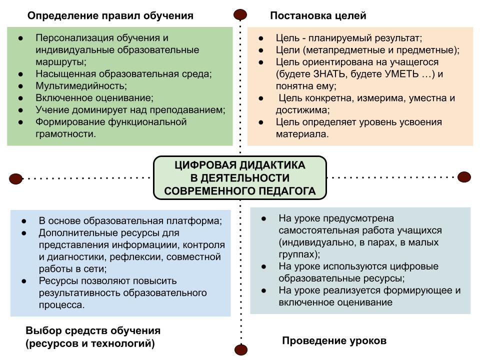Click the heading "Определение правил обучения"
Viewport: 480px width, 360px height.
pos(110,15)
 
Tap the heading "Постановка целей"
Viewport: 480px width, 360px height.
pos(318,15)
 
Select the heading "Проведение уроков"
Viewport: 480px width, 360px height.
pos(334,340)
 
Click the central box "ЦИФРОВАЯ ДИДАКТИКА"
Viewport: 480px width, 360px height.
pos(240,178)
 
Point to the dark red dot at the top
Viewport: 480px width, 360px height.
pos(240,14)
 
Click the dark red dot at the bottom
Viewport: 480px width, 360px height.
pos(241,349)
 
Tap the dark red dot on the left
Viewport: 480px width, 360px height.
pos(15,178)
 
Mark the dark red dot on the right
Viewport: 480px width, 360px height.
pos(464,177)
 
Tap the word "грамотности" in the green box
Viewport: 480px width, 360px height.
pos(64,134)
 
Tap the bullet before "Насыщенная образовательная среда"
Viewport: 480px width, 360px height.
pos(20,74)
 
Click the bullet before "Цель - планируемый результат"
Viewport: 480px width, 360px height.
pos(261,38)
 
